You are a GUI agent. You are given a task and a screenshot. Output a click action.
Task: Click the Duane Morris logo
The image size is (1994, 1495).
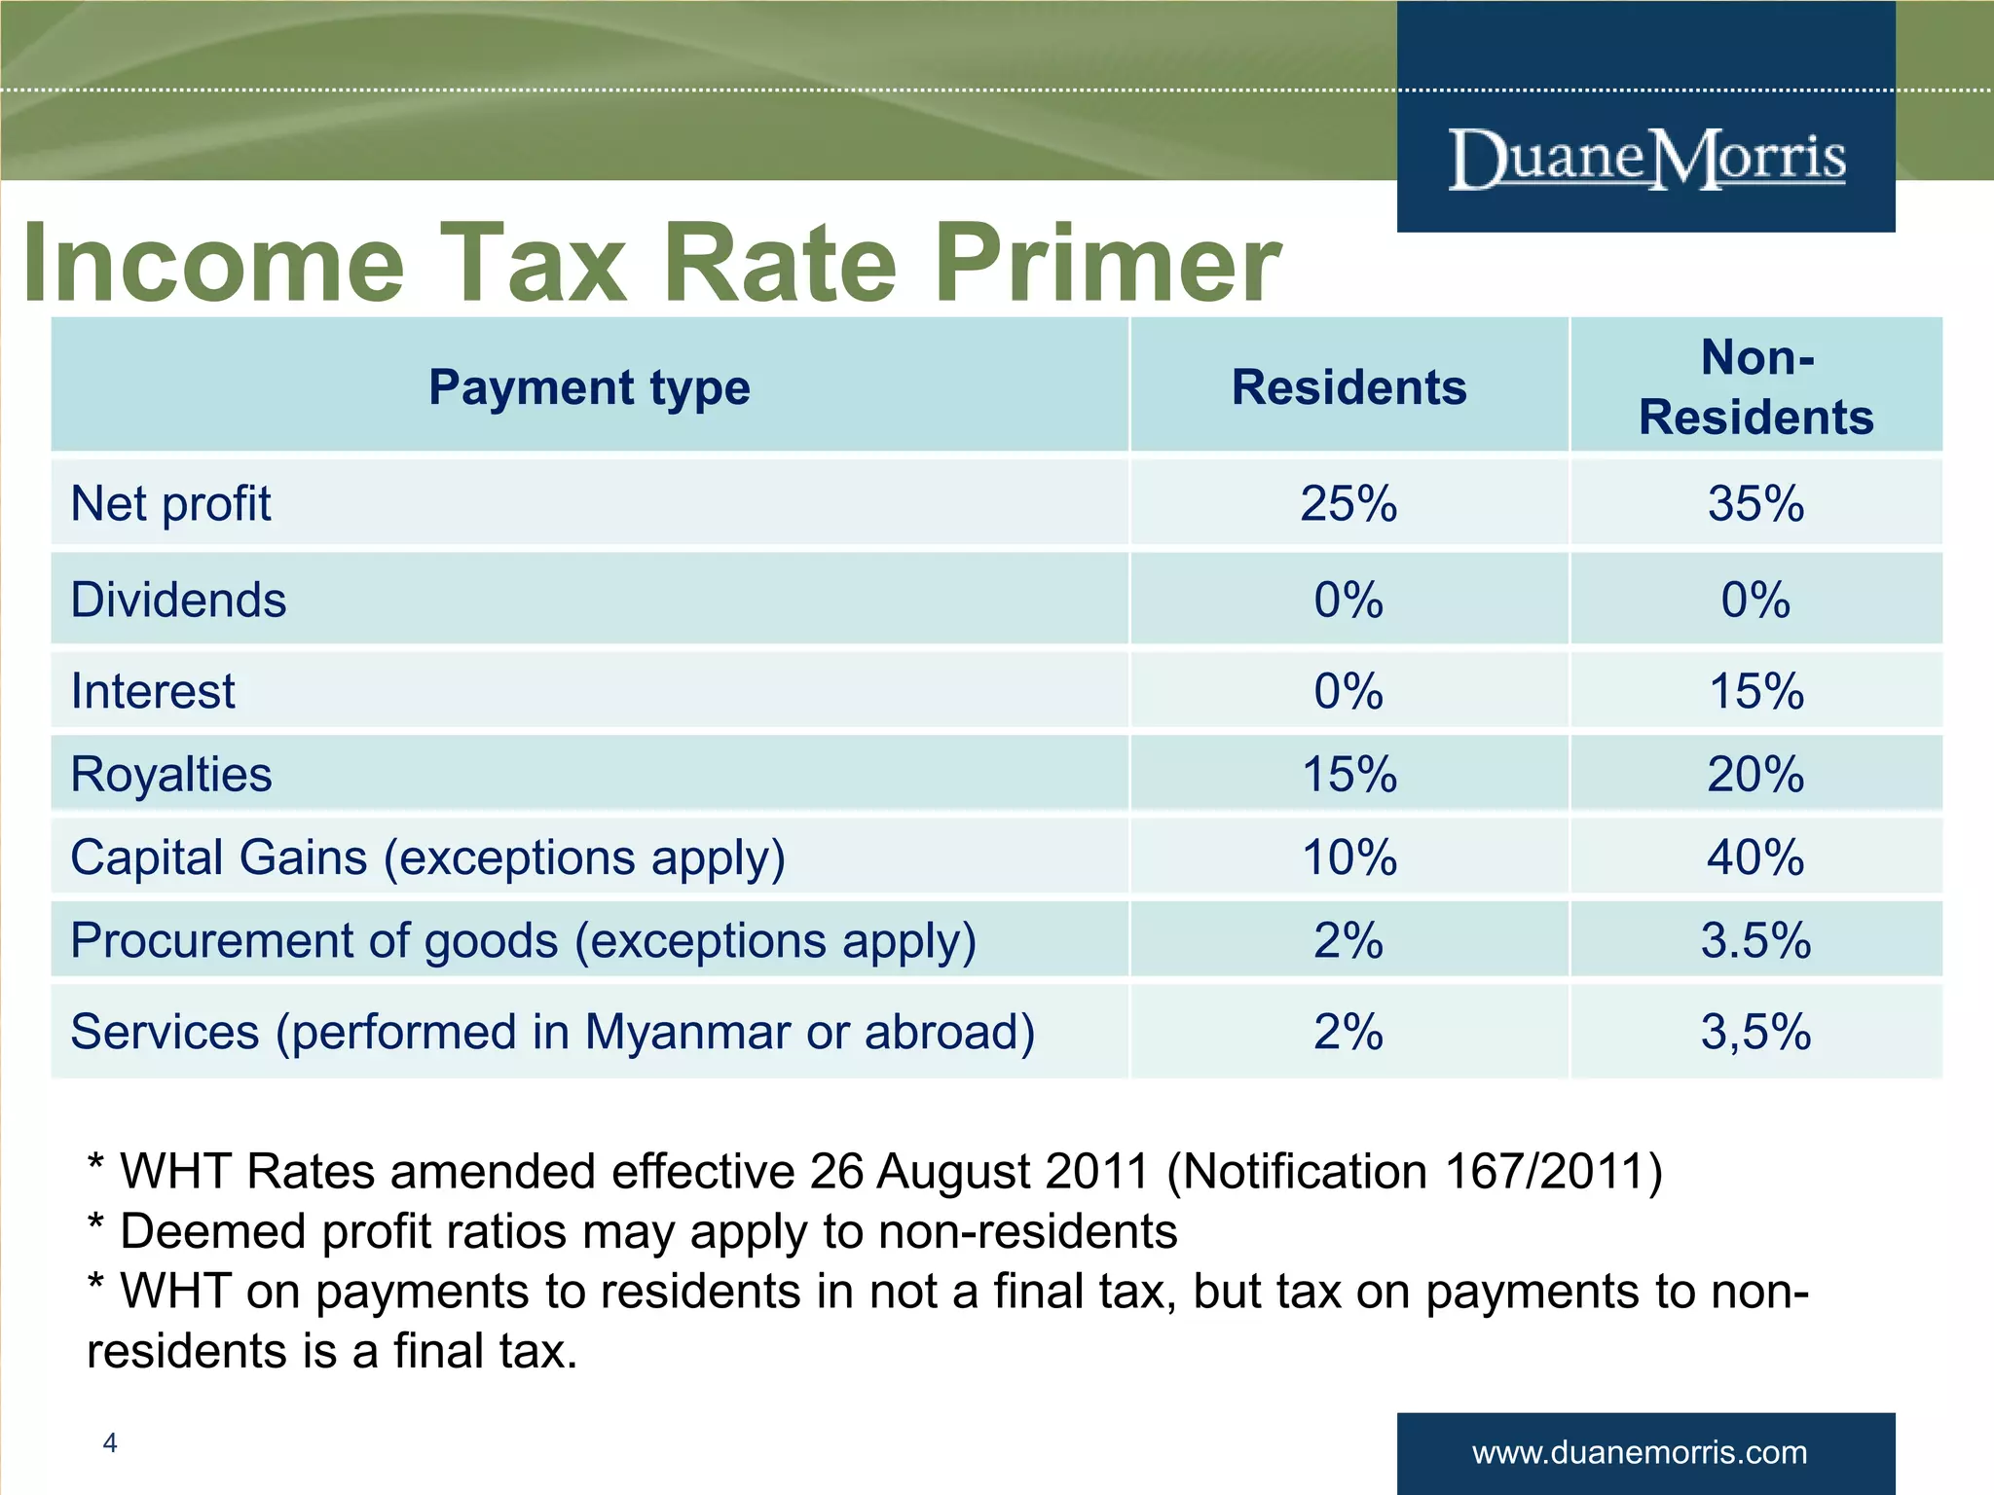pos(1645,159)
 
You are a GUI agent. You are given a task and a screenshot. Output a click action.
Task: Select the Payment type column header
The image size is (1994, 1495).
pos(589,387)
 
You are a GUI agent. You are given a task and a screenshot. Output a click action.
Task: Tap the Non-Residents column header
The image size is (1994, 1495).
pos(1755,387)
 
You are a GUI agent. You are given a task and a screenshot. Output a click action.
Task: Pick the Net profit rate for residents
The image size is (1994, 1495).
pos(1348,504)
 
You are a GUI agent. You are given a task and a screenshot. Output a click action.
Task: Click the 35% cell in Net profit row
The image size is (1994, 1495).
pos(1755,504)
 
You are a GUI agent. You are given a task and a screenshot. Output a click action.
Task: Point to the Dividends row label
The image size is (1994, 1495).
pos(178,600)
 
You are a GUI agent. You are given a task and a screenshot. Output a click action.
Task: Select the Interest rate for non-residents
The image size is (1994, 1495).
pos(1755,691)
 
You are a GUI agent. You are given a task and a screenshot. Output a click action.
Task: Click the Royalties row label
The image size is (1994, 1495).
pos(171,775)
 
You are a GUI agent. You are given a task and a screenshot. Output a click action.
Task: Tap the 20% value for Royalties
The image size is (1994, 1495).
pos(1755,775)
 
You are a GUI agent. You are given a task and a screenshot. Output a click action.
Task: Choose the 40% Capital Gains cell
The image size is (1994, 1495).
pos(1755,857)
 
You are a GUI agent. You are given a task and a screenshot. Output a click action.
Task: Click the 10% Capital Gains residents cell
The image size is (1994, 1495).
pos(1348,857)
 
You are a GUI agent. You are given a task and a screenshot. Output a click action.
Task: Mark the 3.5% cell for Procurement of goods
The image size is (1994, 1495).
pos(1755,940)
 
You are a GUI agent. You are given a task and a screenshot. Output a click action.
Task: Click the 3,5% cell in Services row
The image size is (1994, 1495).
pos(1755,1032)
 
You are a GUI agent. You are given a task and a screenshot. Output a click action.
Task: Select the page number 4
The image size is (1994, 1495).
pos(110,1442)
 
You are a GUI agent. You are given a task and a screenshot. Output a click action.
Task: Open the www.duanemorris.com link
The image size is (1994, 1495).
pos(1640,1453)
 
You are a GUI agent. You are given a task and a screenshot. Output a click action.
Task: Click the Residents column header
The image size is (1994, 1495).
pos(1348,387)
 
